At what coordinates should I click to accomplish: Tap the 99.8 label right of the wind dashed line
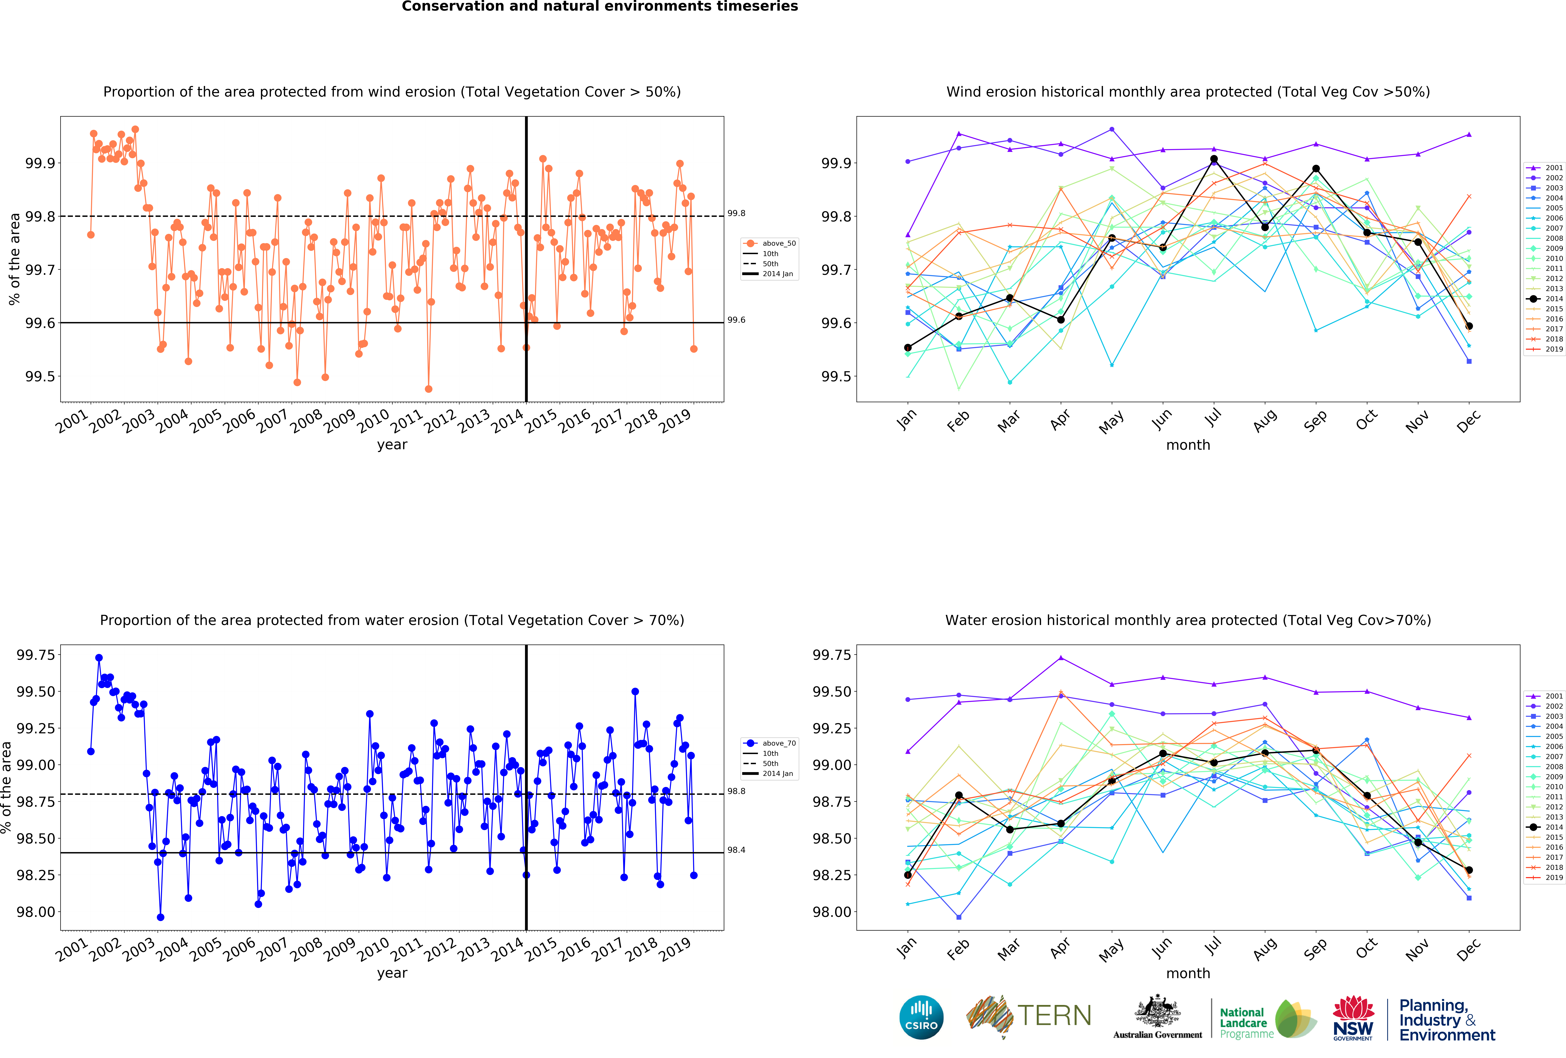click(737, 214)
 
